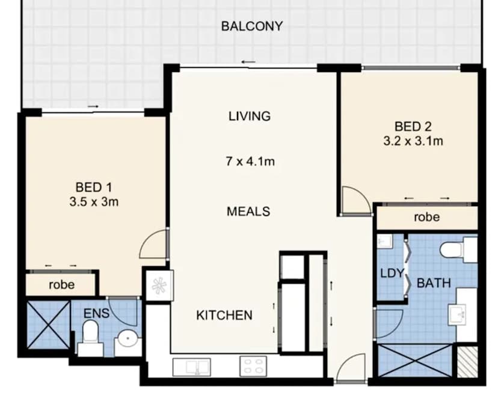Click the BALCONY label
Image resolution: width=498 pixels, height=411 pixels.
pyautogui.click(x=251, y=26)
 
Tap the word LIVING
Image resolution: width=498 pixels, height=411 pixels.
pyautogui.click(x=249, y=116)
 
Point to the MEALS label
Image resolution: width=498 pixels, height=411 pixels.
pyautogui.click(x=248, y=212)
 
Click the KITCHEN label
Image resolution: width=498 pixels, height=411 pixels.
pyautogui.click(x=224, y=315)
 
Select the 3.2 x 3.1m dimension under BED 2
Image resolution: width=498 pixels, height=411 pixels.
pyautogui.click(x=413, y=142)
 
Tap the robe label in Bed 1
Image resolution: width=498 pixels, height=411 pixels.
pyautogui.click(x=61, y=284)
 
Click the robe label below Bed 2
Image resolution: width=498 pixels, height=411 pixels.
pyautogui.click(x=426, y=218)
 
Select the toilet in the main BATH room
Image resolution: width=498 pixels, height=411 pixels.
pyautogui.click(x=456, y=249)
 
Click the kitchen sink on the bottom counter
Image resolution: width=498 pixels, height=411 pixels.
pyautogui.click(x=191, y=365)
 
